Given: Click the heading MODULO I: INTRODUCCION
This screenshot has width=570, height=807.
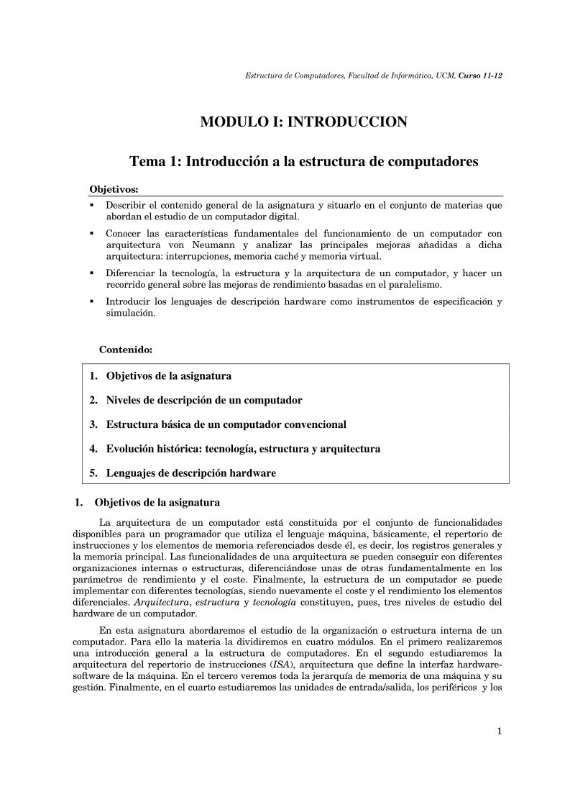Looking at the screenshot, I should pos(303,122).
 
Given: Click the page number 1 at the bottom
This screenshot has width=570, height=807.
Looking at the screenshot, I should pos(499,732).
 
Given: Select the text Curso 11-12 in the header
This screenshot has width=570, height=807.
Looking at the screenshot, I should pos(480,75).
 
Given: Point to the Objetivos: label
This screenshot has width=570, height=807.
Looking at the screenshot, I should pos(114,189).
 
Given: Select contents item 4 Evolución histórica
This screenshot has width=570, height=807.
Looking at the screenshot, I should pos(235,449).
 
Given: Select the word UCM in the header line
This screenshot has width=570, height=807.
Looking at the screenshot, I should pos(444,75).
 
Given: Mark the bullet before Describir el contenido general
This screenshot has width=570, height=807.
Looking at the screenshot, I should pos(92,206).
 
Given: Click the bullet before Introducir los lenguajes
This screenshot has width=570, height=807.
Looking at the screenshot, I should pos(92,302).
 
